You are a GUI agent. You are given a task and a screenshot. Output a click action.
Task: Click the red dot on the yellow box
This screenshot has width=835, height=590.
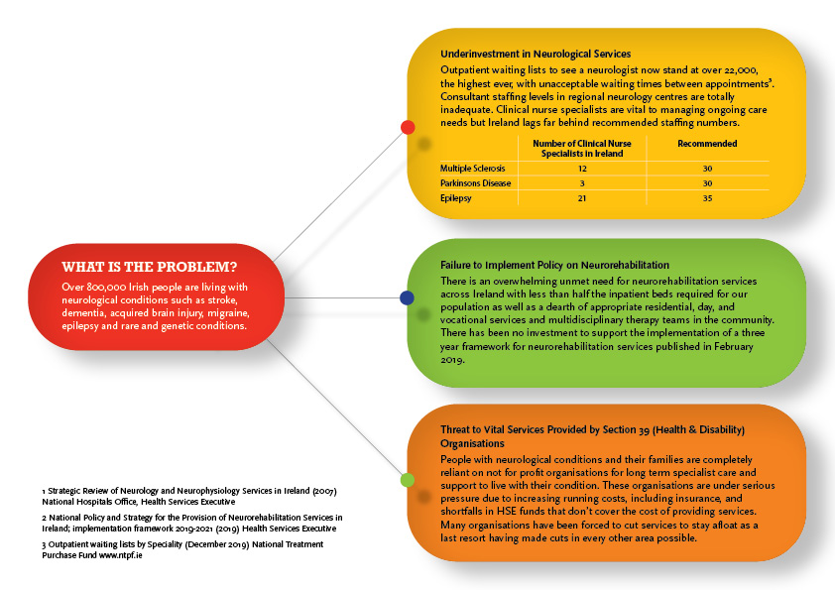tap(407, 127)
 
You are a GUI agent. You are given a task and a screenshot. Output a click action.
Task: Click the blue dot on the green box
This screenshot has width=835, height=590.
tap(407, 296)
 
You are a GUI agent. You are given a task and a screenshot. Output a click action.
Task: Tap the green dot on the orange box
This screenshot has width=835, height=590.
tap(407, 480)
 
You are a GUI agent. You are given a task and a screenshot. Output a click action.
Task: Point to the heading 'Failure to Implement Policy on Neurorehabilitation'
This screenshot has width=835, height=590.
tap(555, 267)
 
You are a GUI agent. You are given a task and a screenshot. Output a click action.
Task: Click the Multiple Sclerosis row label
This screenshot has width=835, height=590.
tap(473, 169)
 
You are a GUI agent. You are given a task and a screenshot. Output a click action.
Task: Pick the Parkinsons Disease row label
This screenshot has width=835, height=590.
tap(476, 183)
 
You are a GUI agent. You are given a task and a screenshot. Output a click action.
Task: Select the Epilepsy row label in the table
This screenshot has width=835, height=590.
tap(456, 198)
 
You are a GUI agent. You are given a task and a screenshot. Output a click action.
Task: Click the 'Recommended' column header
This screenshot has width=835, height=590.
tap(707, 144)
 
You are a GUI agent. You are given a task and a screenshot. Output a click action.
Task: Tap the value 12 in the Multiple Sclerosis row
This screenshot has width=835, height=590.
tap(581, 169)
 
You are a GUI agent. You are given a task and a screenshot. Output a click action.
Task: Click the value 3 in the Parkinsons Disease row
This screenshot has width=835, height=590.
tap(581, 183)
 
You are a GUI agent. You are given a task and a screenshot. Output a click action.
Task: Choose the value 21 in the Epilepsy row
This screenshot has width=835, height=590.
tap(581, 198)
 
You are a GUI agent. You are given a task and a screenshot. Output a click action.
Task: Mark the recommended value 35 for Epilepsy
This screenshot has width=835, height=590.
tap(707, 198)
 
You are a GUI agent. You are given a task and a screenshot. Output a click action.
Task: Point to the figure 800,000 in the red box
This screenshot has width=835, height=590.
tap(104, 288)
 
